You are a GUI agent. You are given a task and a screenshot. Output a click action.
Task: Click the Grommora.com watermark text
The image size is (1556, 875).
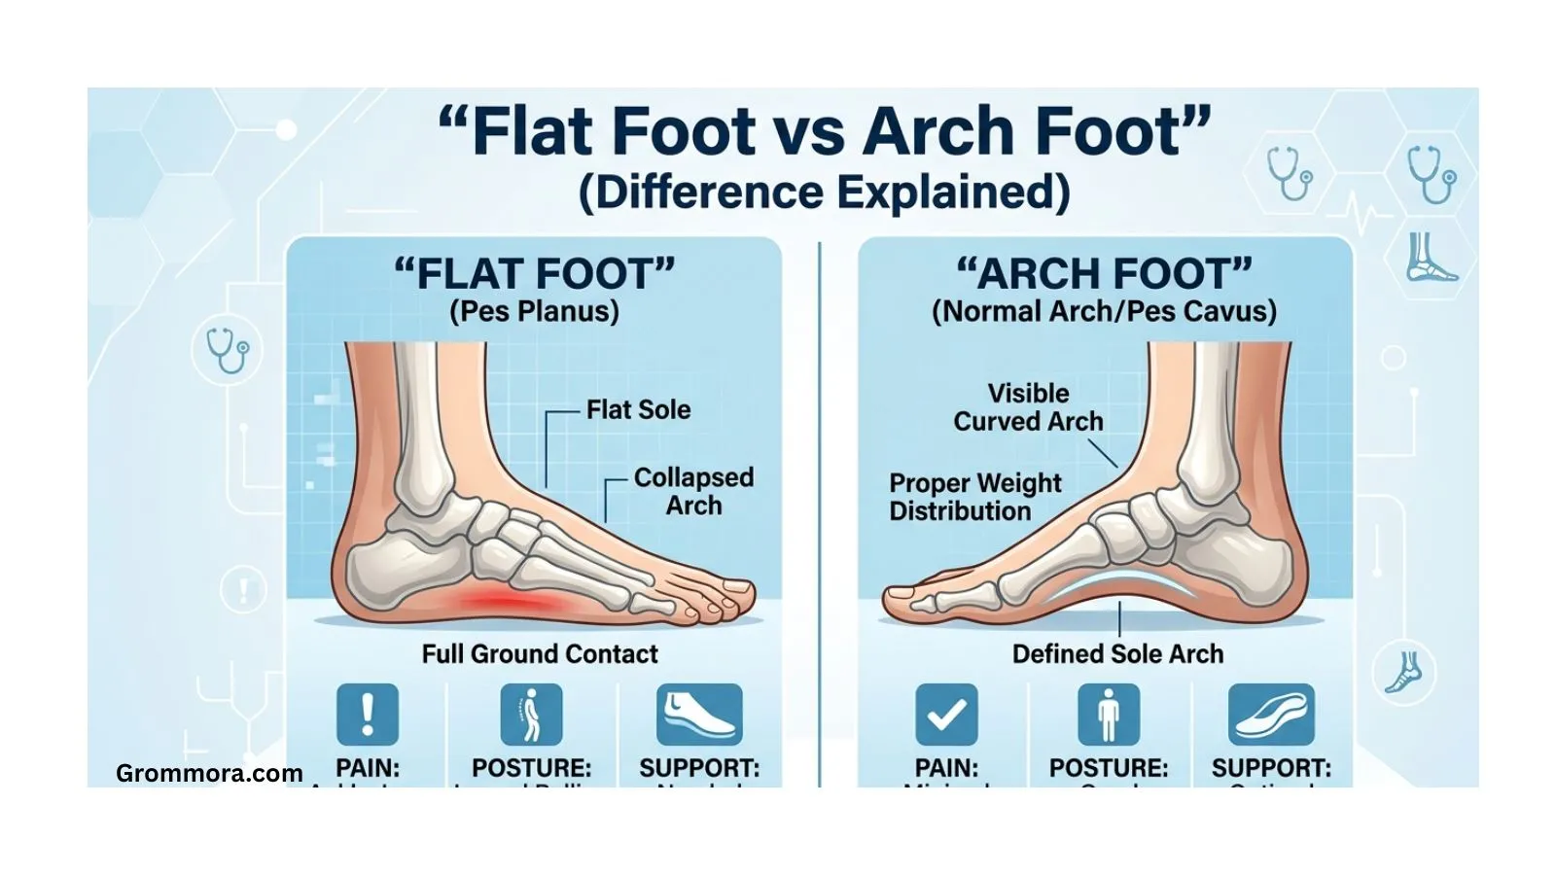[x=209, y=773]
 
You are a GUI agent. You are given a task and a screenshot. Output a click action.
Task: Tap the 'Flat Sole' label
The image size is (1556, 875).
[x=638, y=409]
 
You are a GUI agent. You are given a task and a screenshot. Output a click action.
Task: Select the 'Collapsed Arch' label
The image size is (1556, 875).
[x=692, y=491]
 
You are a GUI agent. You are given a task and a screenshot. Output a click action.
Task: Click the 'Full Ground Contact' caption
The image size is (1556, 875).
[x=540, y=653]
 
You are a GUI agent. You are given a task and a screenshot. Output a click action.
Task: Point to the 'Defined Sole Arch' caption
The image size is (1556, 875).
[x=1117, y=653]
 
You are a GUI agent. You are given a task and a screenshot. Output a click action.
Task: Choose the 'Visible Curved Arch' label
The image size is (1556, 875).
[x=1028, y=407]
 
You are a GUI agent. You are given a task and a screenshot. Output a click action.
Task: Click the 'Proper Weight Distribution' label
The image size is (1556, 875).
[x=974, y=497]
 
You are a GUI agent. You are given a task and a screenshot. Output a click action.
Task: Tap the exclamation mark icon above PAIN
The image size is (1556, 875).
[x=368, y=715]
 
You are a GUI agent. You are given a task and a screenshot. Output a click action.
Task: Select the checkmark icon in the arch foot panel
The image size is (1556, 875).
[x=946, y=715]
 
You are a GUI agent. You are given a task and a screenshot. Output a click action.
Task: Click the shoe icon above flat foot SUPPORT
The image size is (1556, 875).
[x=699, y=715]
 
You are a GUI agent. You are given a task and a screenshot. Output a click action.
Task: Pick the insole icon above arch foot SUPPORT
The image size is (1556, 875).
[x=1271, y=715]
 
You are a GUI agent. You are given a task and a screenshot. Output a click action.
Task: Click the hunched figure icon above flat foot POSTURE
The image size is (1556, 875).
[x=531, y=715]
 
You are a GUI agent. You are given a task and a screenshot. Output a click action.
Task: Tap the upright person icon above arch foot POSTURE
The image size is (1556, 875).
[x=1109, y=715]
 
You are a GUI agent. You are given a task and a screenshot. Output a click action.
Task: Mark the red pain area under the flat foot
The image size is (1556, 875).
[x=511, y=602]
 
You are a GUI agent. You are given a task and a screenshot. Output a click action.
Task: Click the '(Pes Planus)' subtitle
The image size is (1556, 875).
[x=534, y=311]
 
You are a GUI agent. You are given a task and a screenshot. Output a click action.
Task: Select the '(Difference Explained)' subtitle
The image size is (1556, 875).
[x=824, y=192]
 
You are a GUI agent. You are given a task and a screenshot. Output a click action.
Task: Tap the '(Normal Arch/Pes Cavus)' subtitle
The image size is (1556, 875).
[x=1104, y=311]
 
